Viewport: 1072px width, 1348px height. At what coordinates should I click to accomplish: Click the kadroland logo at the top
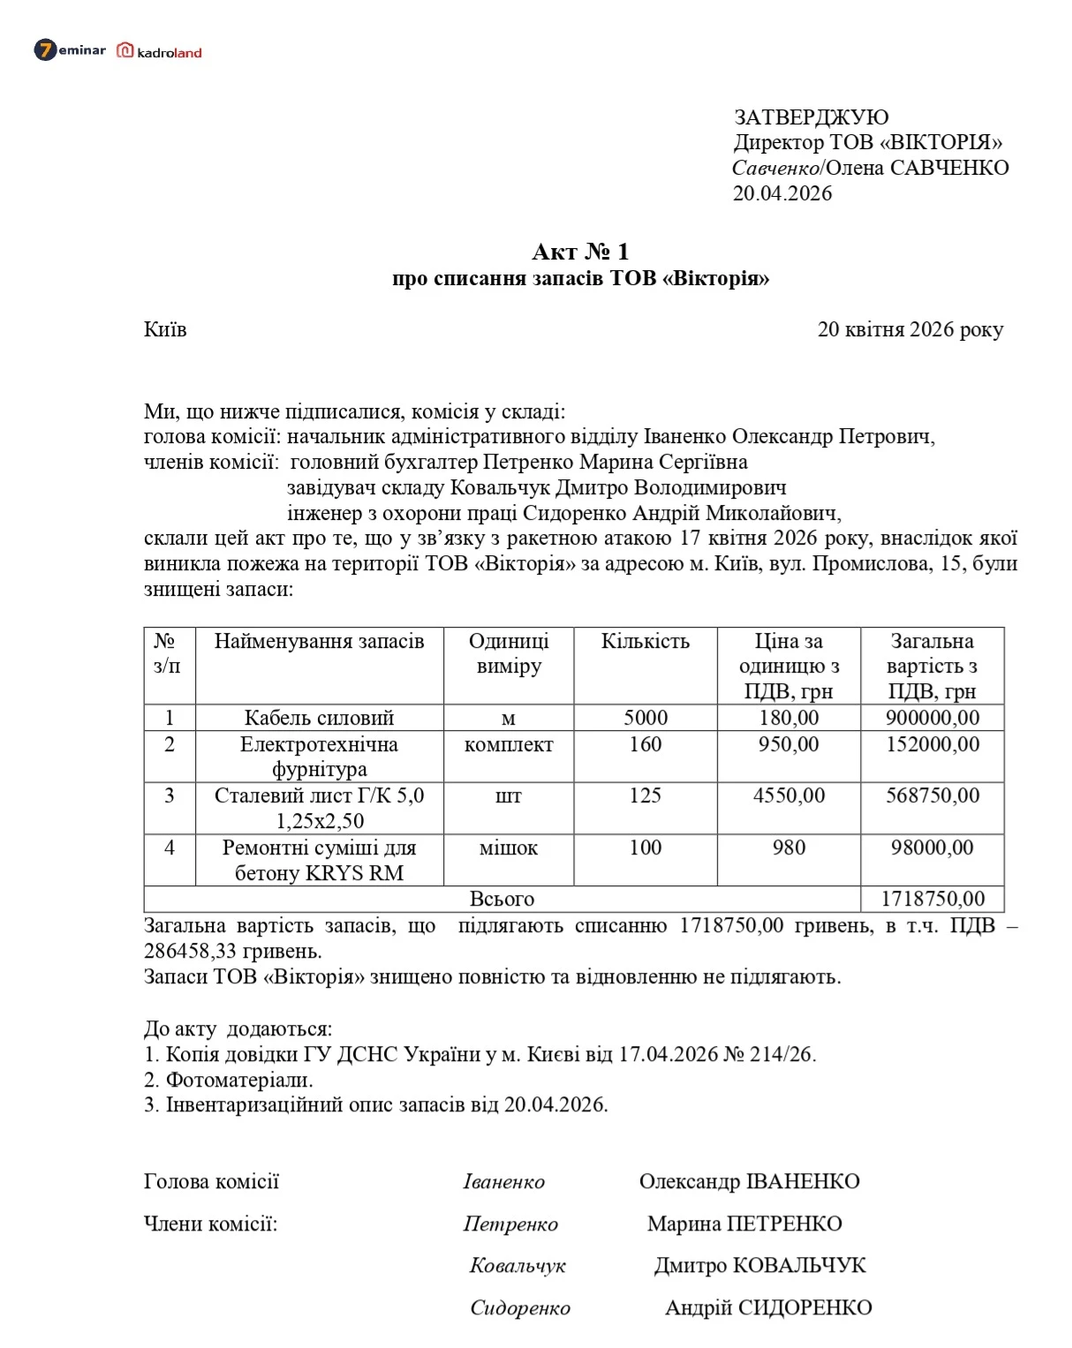(x=160, y=51)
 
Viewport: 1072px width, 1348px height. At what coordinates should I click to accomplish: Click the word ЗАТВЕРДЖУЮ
(x=811, y=117)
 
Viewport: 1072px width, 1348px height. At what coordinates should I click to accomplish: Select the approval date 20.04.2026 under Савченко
(x=781, y=193)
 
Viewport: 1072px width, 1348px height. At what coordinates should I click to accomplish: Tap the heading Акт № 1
(x=580, y=252)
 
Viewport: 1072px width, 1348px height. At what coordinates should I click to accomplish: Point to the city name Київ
(x=165, y=329)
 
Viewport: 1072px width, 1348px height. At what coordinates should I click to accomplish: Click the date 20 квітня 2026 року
(x=910, y=329)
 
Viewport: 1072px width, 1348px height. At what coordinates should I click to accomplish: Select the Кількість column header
(x=645, y=641)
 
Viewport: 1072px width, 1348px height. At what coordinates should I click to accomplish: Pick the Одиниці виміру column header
(x=509, y=653)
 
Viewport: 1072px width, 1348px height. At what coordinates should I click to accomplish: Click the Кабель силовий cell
(x=319, y=718)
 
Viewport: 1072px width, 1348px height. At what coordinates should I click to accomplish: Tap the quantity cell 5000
(x=645, y=718)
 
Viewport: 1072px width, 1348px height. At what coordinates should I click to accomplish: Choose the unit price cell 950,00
(x=789, y=744)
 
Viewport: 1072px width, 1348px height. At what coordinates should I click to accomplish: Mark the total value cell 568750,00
(x=932, y=795)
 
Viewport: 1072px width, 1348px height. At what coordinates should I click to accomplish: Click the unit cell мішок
(x=509, y=847)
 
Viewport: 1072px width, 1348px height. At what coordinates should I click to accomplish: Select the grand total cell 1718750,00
(x=932, y=899)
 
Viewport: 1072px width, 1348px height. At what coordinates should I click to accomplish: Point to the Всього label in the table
(x=502, y=899)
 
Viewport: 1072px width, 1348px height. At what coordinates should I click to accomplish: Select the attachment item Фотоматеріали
(x=239, y=1080)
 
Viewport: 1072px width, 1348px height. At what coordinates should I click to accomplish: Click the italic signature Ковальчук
(x=517, y=1266)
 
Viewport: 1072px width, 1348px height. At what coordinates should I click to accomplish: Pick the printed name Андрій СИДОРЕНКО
(x=768, y=1307)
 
